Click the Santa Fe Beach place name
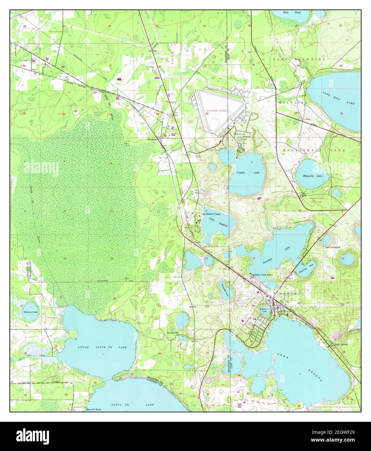point(93,409)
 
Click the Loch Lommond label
point(333,247)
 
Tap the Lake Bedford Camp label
point(211,214)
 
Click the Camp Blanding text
point(299,59)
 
